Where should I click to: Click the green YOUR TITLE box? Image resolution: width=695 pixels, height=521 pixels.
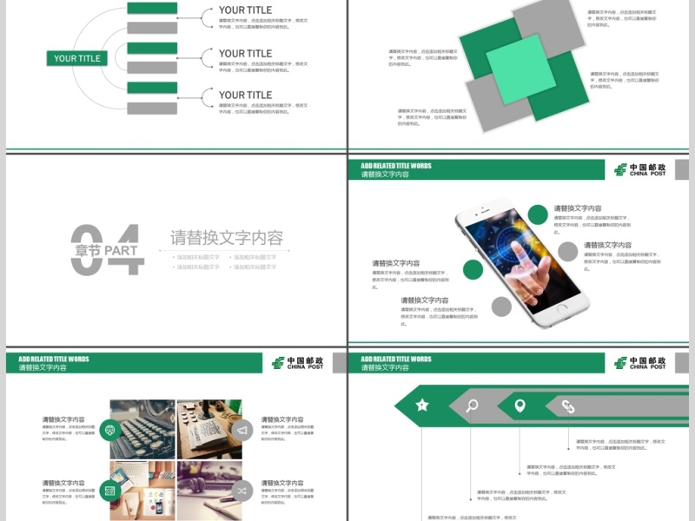pyautogui.click(x=77, y=58)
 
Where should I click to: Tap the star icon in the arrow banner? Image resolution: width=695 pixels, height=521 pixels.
pyautogui.click(x=422, y=405)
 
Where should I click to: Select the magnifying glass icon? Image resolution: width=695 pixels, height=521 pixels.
pyautogui.click(x=472, y=406)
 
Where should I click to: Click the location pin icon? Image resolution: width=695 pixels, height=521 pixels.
pyautogui.click(x=520, y=406)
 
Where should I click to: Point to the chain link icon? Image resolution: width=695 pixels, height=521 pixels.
pyautogui.click(x=568, y=406)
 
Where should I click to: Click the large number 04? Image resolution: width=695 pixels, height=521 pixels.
pyautogui.click(x=106, y=250)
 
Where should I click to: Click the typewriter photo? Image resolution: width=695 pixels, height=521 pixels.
pyautogui.click(x=142, y=429)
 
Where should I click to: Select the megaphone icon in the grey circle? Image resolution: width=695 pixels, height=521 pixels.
pyautogui.click(x=242, y=430)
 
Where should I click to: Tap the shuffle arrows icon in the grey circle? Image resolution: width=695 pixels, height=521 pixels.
pyautogui.click(x=242, y=491)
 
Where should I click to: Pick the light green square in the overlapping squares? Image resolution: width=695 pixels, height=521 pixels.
pyautogui.click(x=520, y=69)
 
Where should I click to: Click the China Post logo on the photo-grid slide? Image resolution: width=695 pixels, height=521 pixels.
pyautogui.click(x=298, y=363)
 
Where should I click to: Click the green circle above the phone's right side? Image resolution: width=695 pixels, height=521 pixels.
pyautogui.click(x=539, y=214)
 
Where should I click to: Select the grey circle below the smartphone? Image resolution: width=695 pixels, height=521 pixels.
pyautogui.click(x=501, y=307)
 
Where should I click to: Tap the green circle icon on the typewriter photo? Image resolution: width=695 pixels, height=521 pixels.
pyautogui.click(x=109, y=430)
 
